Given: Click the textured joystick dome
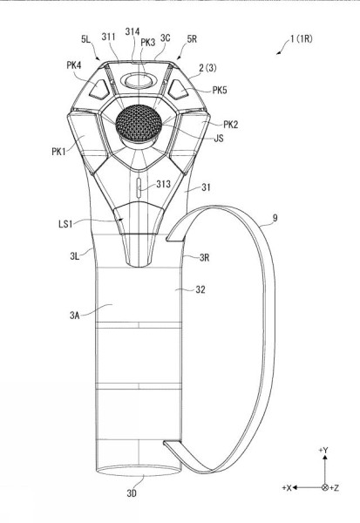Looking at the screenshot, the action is [139, 122].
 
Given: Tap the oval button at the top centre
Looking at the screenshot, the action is [138, 81].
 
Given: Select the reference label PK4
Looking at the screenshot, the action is [74, 65].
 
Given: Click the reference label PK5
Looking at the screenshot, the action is [220, 90].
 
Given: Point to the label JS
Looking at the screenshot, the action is [219, 138].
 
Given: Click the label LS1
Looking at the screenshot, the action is [65, 224].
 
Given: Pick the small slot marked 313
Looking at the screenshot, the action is [139, 188].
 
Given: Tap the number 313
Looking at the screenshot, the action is [164, 184].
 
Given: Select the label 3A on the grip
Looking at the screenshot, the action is [75, 315].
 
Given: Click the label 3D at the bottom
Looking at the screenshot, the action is [132, 493].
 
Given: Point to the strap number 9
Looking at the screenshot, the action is [275, 218].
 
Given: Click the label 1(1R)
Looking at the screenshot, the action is [302, 38].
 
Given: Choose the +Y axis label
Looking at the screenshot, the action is [323, 450].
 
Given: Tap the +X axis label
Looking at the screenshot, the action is [287, 487].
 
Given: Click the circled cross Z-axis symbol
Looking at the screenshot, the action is [325, 487].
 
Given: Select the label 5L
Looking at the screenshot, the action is [85, 39].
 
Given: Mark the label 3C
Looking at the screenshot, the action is [165, 38].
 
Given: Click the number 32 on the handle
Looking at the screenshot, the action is [200, 289].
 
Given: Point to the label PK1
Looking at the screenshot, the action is [58, 152].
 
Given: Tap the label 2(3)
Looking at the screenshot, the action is [207, 68].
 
